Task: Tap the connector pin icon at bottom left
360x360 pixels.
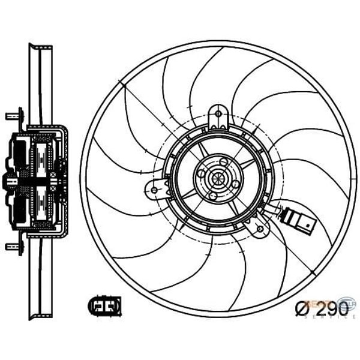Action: [x=104, y=306]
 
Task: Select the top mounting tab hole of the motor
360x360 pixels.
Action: [x=218, y=115]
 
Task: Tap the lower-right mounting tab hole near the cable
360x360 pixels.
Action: [x=259, y=226]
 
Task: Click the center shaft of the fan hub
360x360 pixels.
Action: [x=217, y=179]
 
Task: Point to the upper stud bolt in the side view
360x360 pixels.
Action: [x=11, y=115]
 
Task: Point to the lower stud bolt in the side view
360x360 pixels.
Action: [x=11, y=245]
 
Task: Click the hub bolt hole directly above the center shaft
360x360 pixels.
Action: [x=223, y=161]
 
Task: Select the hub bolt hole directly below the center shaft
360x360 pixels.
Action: [x=212, y=196]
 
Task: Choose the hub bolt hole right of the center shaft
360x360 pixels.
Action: [x=235, y=184]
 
